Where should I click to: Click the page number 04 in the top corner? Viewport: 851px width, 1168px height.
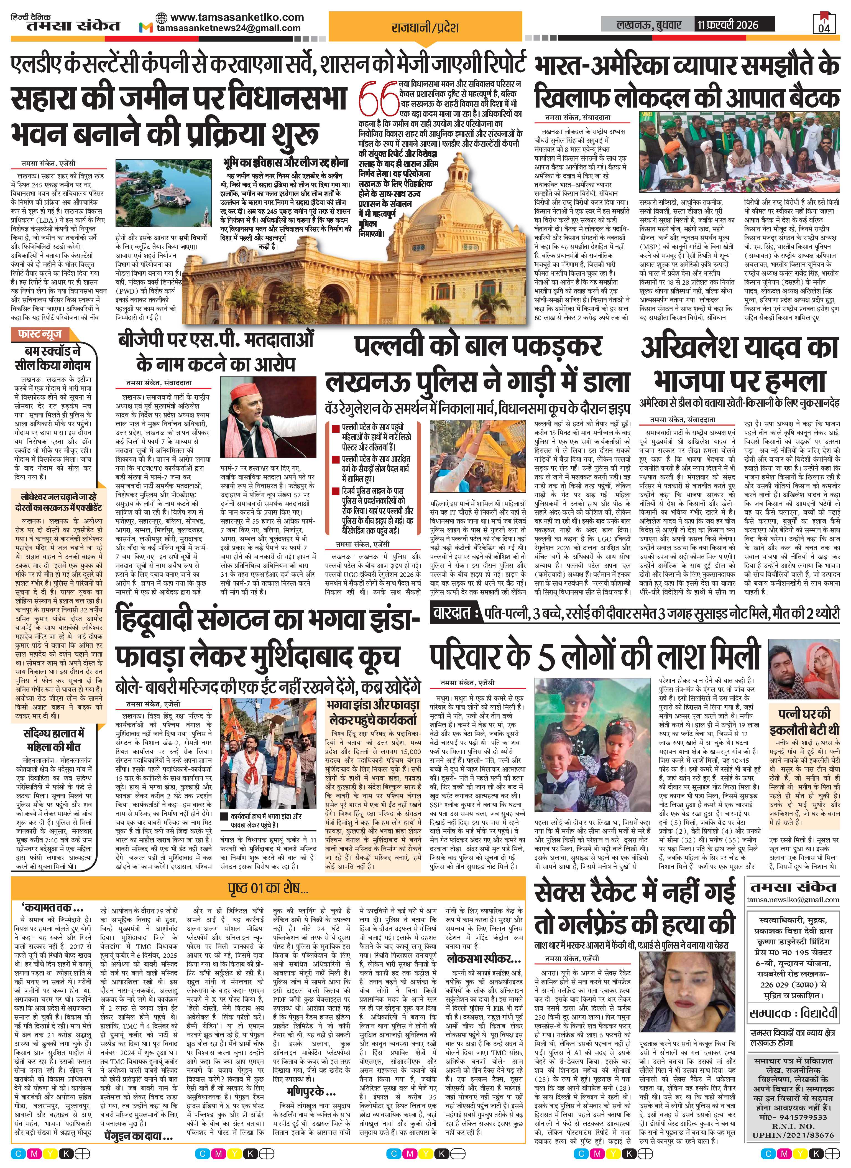(824, 28)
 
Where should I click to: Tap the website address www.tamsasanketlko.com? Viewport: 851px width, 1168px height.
(237, 17)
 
